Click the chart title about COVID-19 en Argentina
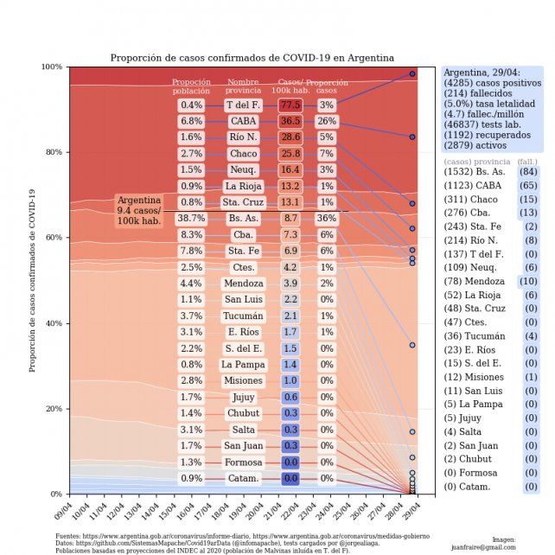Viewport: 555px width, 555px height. (x=252, y=58)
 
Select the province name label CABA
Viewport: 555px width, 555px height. (x=243, y=121)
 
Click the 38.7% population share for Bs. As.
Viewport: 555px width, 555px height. (x=191, y=219)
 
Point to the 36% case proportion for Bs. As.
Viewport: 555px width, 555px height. (x=327, y=219)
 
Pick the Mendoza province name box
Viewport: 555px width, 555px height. (x=243, y=284)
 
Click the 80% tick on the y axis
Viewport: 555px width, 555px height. (x=54, y=152)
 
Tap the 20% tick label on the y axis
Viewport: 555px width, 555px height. (x=54, y=409)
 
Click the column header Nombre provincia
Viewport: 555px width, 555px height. (x=243, y=86)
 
